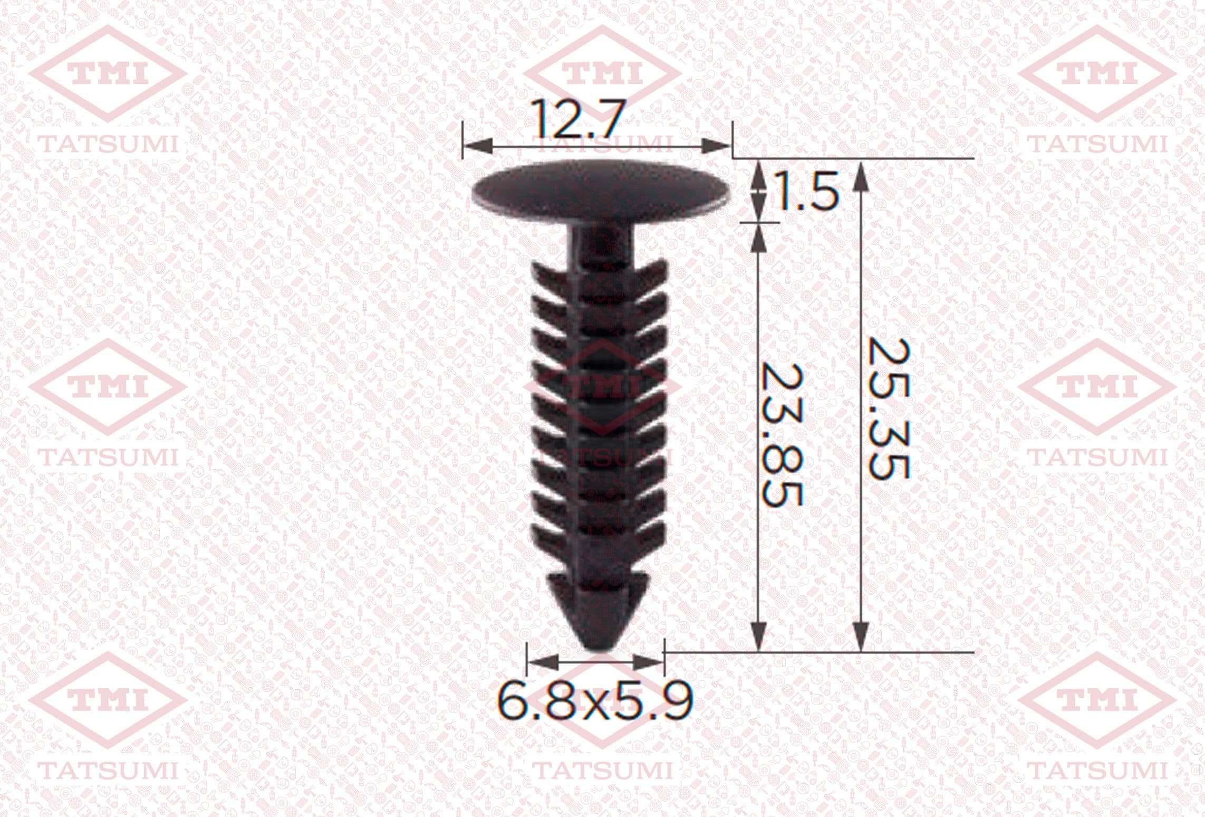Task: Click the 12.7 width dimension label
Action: tap(579, 120)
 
